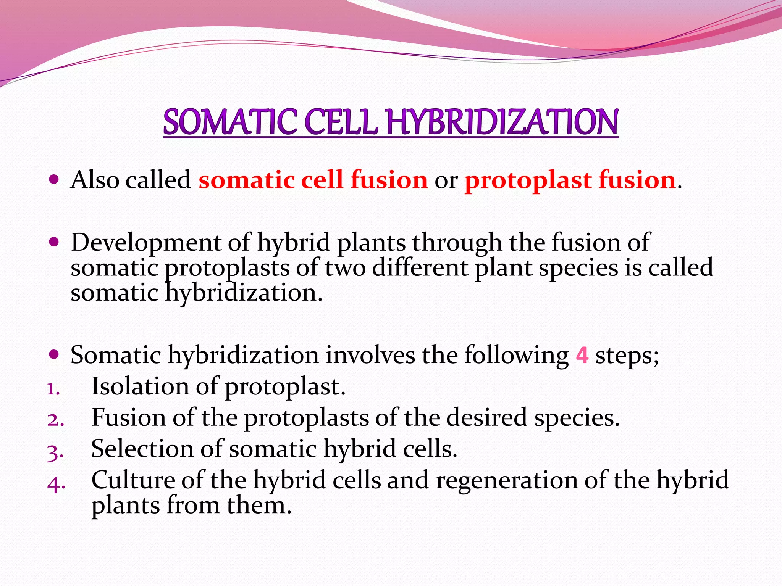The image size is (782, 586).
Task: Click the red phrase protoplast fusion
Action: click(x=570, y=180)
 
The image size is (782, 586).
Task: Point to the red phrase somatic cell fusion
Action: click(x=313, y=180)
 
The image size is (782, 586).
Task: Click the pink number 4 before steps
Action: click(x=582, y=355)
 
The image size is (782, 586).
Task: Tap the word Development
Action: click(x=146, y=243)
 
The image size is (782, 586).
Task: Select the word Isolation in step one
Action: click(x=140, y=386)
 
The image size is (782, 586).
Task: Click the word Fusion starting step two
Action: click(x=129, y=417)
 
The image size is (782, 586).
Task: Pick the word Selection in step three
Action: click(x=142, y=449)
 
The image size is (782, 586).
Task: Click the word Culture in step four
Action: click(x=133, y=480)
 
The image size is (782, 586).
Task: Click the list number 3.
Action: click(x=55, y=453)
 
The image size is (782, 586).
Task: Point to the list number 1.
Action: click(x=53, y=390)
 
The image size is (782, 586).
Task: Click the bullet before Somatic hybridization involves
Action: click(x=54, y=354)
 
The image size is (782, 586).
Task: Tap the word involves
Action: click(x=370, y=355)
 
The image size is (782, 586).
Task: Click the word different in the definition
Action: click(x=420, y=267)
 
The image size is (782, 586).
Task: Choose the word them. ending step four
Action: click(x=259, y=506)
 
